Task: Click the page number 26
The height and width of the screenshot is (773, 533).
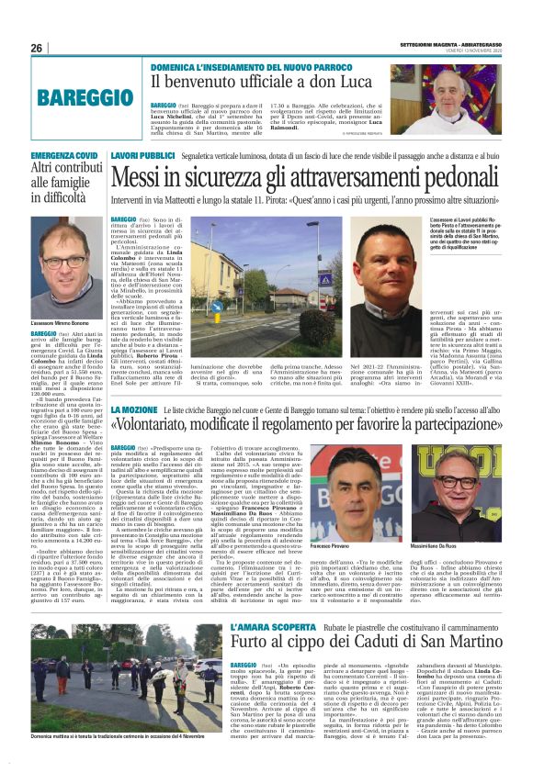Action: pyautogui.click(x=37, y=48)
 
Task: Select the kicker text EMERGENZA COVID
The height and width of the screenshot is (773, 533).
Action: pyautogui.click(x=64, y=157)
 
